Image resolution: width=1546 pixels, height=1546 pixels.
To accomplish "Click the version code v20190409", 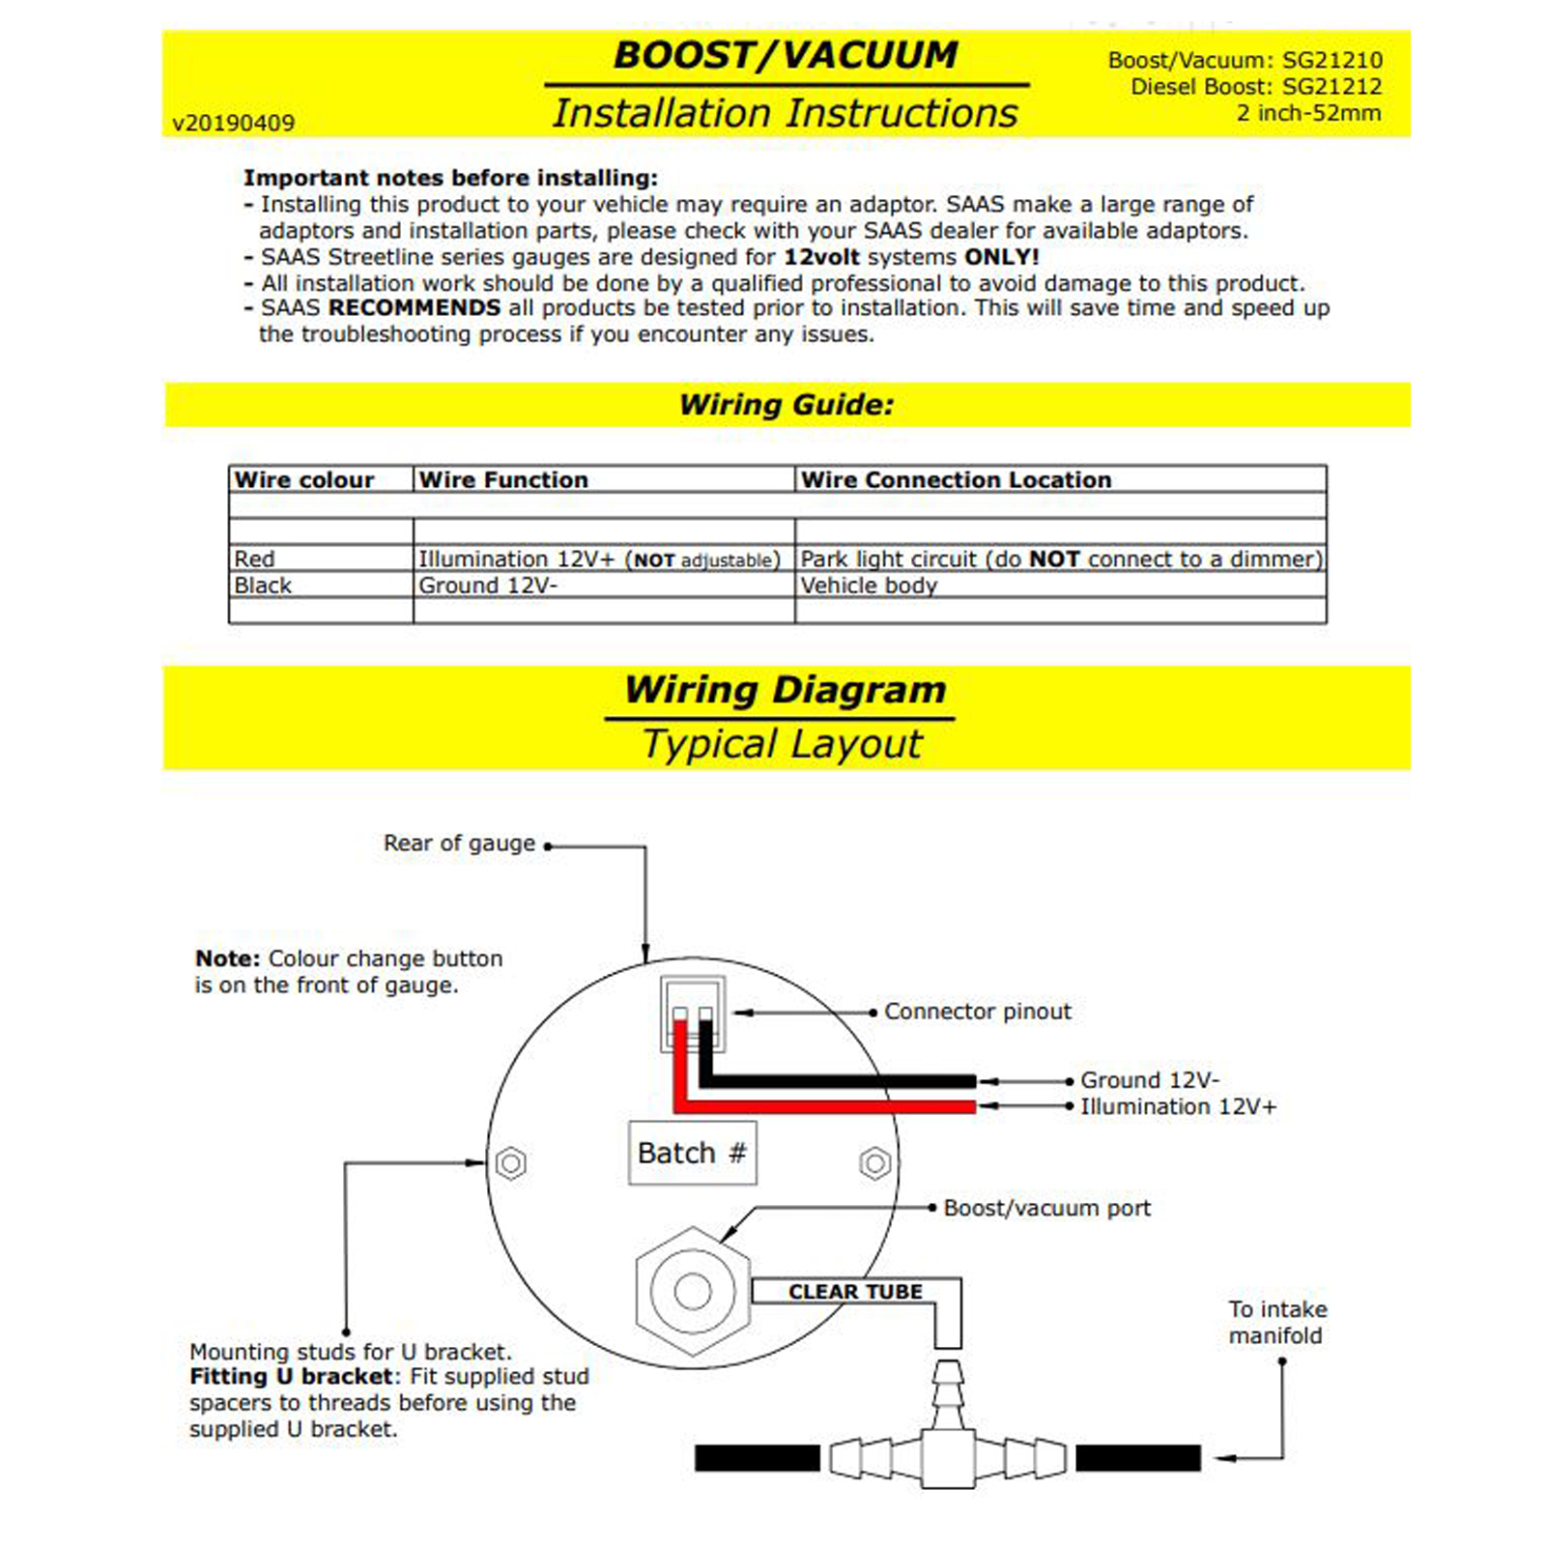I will tap(233, 124).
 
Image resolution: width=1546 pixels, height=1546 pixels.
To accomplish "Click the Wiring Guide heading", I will tap(787, 405).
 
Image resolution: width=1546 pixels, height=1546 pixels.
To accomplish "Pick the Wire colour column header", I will tap(303, 480).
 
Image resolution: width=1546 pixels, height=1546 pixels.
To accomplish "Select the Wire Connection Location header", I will tap(956, 480).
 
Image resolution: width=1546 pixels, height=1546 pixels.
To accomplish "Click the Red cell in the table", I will tap(254, 559).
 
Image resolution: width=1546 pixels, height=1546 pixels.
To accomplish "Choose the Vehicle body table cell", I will tap(868, 586).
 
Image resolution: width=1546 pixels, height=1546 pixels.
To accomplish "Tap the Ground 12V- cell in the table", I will tap(487, 586).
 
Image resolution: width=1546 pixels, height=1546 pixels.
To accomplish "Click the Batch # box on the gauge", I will tap(692, 1153).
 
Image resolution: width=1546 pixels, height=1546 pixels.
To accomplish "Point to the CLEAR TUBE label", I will tap(855, 1292).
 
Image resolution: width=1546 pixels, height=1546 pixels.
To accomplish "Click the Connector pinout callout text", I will tap(977, 1012).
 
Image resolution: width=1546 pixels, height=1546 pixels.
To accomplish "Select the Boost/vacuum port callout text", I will tap(1046, 1208).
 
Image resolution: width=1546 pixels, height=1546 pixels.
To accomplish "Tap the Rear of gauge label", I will tap(459, 844).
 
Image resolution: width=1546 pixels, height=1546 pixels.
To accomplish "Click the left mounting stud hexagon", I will tap(511, 1162).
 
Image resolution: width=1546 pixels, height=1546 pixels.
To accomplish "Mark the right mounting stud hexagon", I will tap(874, 1162).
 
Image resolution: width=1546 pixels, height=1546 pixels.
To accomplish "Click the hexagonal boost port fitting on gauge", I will tap(693, 1290).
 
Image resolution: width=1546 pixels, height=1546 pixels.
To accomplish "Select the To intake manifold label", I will tap(1276, 1323).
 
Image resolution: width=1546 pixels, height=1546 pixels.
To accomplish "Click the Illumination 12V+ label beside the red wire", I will tap(1178, 1106).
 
